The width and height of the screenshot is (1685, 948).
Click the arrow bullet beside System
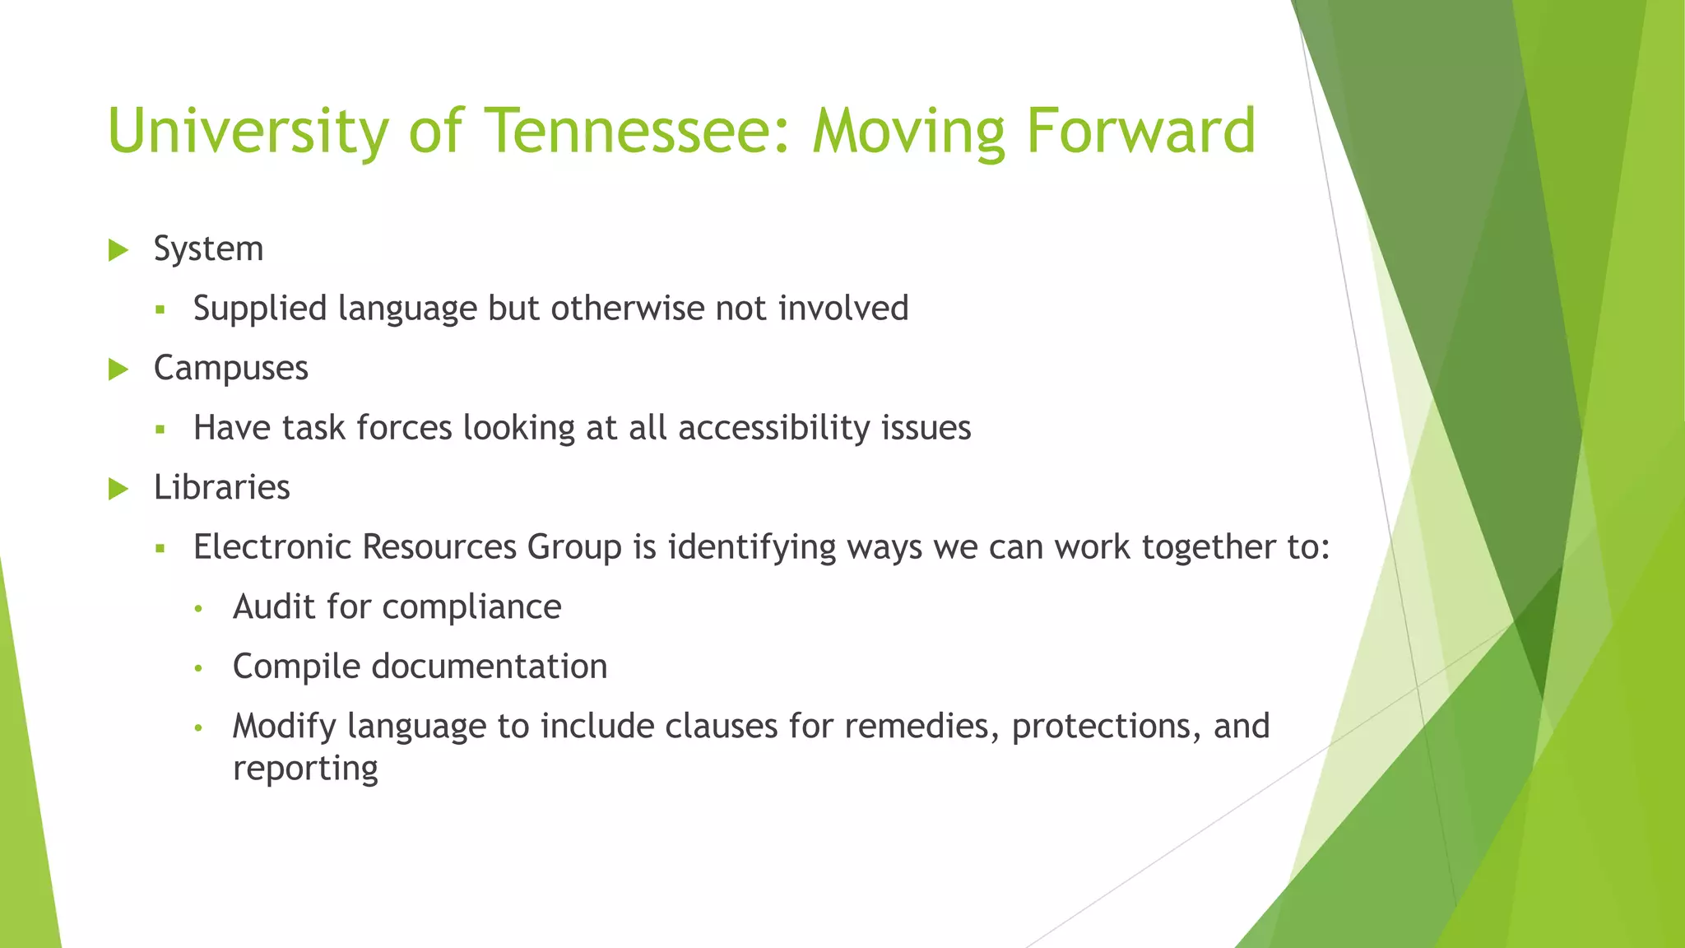pyautogui.click(x=118, y=250)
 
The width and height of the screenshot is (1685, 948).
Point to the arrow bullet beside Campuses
pyautogui.click(x=118, y=369)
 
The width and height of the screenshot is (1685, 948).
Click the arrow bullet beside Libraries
pyautogui.click(x=118, y=489)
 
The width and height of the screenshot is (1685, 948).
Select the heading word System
pyautogui.click(x=208, y=249)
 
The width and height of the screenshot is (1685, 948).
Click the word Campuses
pyautogui.click(x=230, y=369)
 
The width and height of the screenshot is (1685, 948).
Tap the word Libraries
pyautogui.click(x=221, y=487)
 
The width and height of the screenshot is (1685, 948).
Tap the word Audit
pyautogui.click(x=274, y=607)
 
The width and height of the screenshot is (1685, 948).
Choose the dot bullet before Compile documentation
pyautogui.click(x=197, y=668)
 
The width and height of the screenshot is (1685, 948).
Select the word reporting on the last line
pyautogui.click(x=305, y=769)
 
